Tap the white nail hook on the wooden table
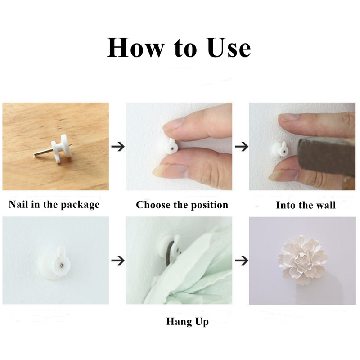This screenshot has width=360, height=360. click(x=60, y=147)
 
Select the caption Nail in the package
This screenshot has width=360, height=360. click(x=54, y=205)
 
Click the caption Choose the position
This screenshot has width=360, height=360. click(x=182, y=205)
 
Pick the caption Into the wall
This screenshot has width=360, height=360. click(x=306, y=205)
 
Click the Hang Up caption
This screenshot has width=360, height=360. click(x=187, y=322)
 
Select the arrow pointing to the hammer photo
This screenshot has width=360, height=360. click(x=242, y=147)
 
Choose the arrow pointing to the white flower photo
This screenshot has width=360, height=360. click(x=242, y=260)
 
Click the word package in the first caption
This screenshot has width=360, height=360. click(x=81, y=205)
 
